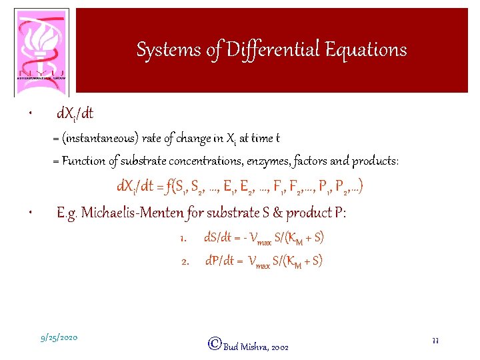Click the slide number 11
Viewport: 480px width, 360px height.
(x=435, y=341)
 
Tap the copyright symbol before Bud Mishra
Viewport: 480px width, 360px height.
(x=215, y=343)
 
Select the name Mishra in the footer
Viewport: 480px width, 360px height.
(x=255, y=347)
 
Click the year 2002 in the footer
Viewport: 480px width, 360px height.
(x=280, y=347)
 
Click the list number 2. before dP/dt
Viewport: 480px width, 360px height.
(x=185, y=262)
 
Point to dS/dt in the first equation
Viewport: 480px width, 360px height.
(x=216, y=238)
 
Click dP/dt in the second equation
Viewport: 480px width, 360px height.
(x=219, y=261)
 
